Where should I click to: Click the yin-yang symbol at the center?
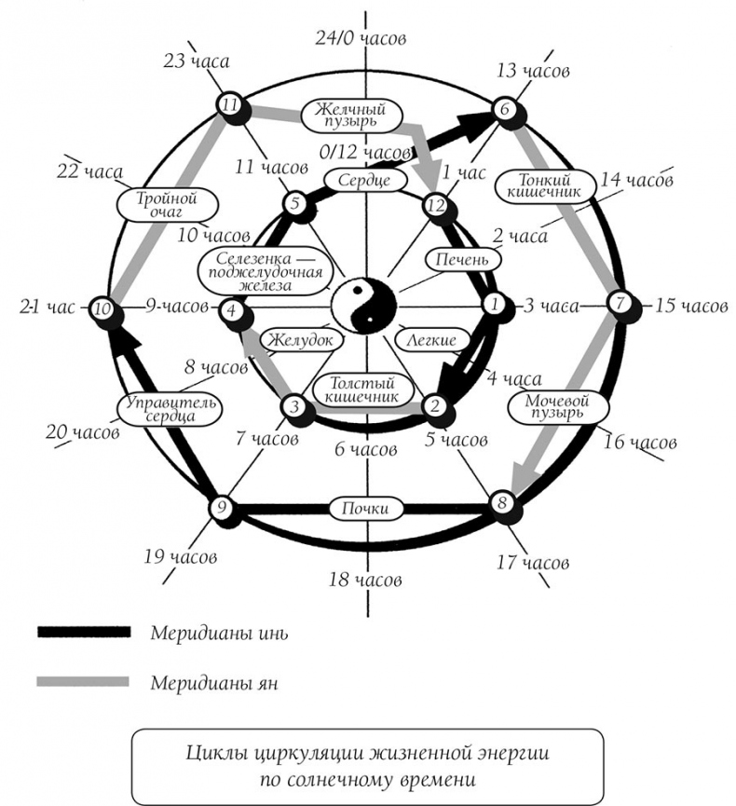click(365, 304)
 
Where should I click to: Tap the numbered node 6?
click(503, 108)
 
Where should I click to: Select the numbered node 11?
click(228, 105)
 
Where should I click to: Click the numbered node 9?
click(221, 508)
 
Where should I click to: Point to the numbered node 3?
click(293, 406)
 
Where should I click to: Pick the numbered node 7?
click(620, 303)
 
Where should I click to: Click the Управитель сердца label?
click(170, 408)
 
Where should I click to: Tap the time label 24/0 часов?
click(360, 38)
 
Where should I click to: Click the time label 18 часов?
click(366, 581)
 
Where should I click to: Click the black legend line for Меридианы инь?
click(83, 632)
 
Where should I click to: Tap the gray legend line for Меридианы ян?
click(83, 681)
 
